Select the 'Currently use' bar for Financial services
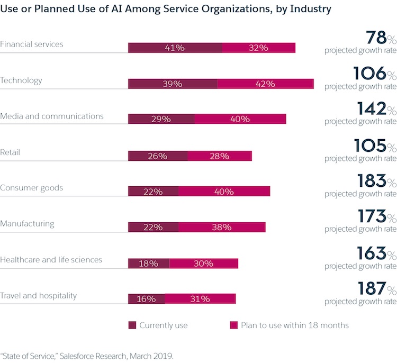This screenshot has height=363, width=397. pyautogui.click(x=175, y=48)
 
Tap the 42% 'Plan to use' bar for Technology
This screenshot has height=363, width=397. pyautogui.click(x=265, y=84)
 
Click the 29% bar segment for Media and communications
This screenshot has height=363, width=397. pyautogui.click(x=161, y=119)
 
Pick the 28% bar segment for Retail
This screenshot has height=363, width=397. pyautogui.click(x=220, y=156)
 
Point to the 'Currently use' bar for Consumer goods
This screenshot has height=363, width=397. pyautogui.click(x=153, y=191)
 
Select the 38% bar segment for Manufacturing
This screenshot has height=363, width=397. pyautogui.click(x=222, y=227)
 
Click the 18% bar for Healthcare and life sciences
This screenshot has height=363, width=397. pyautogui.click(x=148, y=263)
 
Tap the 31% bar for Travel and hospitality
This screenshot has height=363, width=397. pyautogui.click(x=200, y=299)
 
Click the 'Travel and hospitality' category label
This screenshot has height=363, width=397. pyautogui.click(x=39, y=295)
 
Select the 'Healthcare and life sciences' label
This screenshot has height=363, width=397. pyautogui.click(x=51, y=259)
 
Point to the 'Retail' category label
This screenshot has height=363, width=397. pyautogui.click(x=10, y=152)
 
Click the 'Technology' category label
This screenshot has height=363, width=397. pyautogui.click(x=21, y=80)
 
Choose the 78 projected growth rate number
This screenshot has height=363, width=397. pyautogui.click(x=375, y=38)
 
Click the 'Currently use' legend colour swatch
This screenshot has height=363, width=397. pyautogui.click(x=132, y=325)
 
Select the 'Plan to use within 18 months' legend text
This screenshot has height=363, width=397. pyautogui.click(x=295, y=325)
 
